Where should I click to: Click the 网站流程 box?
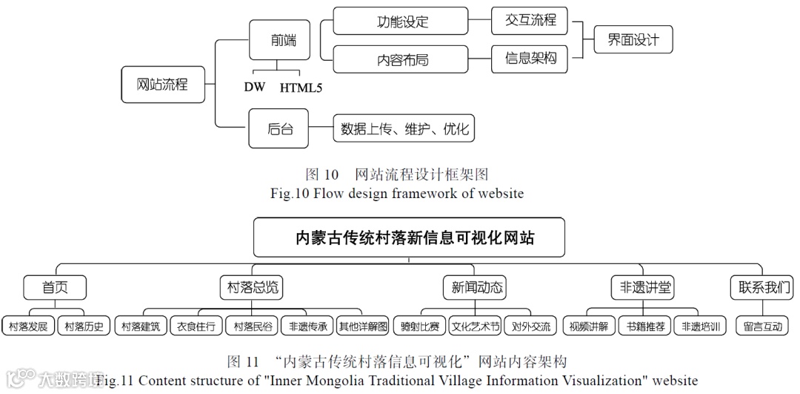[161, 85]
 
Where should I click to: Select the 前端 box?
[283, 40]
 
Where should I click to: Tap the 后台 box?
[280, 129]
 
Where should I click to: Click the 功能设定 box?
[401, 21]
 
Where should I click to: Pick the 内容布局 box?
[401, 60]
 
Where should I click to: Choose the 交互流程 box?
[530, 21]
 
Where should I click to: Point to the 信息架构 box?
[530, 59]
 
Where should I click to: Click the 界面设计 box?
[633, 40]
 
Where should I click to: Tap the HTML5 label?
[301, 88]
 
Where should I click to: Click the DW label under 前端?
[255, 88]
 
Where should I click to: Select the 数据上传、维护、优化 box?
[404, 129]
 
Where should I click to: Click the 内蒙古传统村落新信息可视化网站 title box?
[409, 238]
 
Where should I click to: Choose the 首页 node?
[55, 287]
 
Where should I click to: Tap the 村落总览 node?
[252, 287]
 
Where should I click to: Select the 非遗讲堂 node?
[643, 287]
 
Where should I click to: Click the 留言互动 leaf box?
[762, 326]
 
